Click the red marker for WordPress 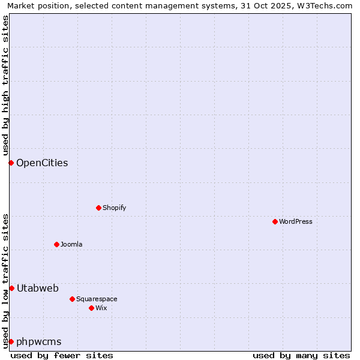click(275, 221)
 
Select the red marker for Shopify click(98, 208)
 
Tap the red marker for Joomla click(56, 244)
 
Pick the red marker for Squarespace click(72, 299)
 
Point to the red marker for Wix click(91, 308)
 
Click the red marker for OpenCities click(11, 163)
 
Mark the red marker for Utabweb click(11, 288)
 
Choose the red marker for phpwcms click(11, 341)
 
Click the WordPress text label click(296, 221)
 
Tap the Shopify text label click(115, 208)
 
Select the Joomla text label click(71, 244)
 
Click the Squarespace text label click(97, 299)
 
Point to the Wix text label click(101, 308)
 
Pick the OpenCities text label click(42, 163)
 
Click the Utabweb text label click(38, 288)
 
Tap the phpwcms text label click(39, 341)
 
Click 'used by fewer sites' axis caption click(62, 355)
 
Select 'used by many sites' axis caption click(301, 355)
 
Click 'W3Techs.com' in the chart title click(326, 5)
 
